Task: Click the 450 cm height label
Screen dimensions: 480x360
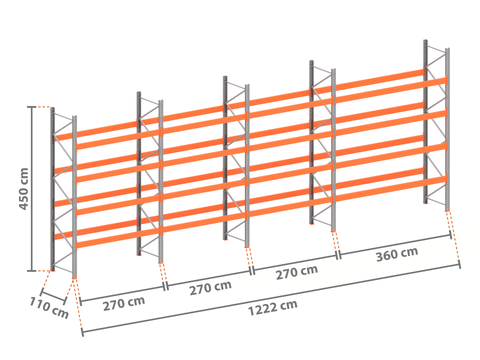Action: point(23,189)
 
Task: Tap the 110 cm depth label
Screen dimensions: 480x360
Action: point(49,307)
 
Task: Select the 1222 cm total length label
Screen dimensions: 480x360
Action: point(273,308)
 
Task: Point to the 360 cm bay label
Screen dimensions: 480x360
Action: point(397,254)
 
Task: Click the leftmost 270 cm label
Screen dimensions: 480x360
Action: point(124,303)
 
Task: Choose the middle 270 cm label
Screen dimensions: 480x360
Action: point(210,288)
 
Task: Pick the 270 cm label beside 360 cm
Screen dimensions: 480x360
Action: point(297,272)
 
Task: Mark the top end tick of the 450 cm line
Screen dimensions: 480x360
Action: point(32,107)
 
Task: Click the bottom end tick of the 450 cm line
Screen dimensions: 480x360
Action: point(32,271)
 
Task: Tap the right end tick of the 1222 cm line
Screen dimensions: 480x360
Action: point(460,264)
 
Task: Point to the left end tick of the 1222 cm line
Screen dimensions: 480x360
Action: point(82,332)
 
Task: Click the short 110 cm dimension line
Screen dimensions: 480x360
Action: point(53,297)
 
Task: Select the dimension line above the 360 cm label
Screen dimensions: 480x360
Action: point(395,245)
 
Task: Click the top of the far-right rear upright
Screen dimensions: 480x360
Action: point(426,41)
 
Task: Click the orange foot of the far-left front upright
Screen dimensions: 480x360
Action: point(74,276)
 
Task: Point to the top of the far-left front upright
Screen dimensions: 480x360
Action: point(74,117)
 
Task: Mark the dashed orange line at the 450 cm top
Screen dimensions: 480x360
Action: point(43,107)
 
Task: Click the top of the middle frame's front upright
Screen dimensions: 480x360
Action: point(247,86)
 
